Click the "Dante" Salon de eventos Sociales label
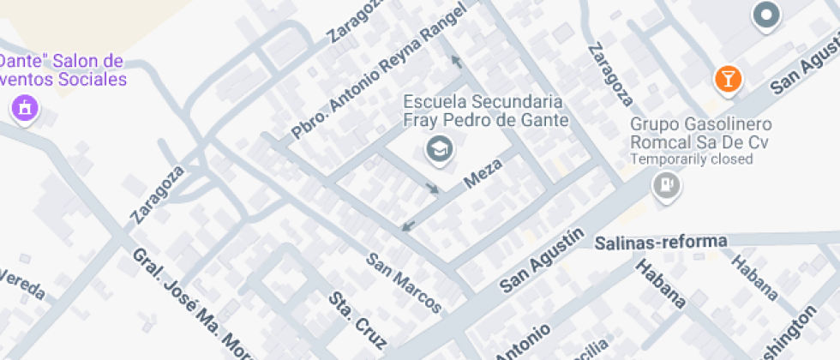click(62, 70)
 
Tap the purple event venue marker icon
click(24, 108)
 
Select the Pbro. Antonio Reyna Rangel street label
click(378, 71)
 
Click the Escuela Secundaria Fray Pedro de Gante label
click(486, 110)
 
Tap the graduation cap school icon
click(440, 149)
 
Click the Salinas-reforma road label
click(661, 242)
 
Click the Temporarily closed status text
click(692, 159)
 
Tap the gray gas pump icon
click(667, 184)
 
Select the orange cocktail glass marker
click(728, 80)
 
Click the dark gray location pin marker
click(765, 15)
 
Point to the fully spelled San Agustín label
click(542, 260)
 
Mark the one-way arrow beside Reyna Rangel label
click(456, 61)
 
